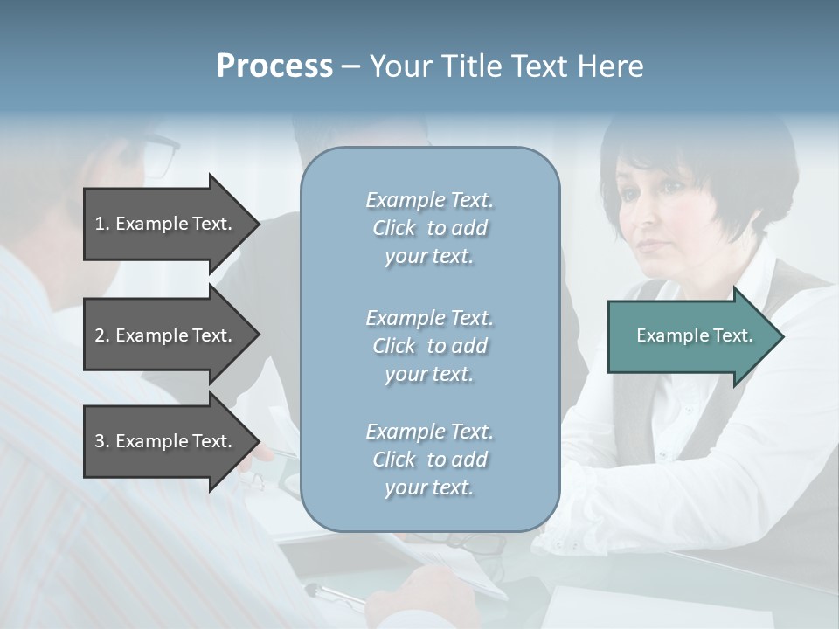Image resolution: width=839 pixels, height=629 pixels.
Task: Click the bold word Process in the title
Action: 274,66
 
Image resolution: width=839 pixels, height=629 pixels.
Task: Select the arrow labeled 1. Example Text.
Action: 166,224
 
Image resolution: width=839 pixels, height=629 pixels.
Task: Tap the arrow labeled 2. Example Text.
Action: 166,335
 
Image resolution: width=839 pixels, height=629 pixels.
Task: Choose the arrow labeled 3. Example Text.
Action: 166,441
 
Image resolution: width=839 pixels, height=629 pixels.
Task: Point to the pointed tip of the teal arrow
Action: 781,336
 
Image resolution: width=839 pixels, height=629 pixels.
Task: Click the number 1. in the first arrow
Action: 102,225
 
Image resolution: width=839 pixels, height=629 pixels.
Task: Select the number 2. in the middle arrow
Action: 102,336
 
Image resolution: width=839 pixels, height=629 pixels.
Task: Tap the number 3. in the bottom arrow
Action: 102,442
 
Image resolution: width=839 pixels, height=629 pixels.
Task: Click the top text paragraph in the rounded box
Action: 429,228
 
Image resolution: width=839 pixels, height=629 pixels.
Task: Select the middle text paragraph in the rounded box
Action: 429,346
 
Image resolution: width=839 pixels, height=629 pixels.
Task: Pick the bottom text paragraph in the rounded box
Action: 429,460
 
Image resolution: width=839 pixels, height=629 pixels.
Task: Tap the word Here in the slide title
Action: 612,66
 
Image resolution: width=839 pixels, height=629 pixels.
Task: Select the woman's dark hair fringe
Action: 673,166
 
